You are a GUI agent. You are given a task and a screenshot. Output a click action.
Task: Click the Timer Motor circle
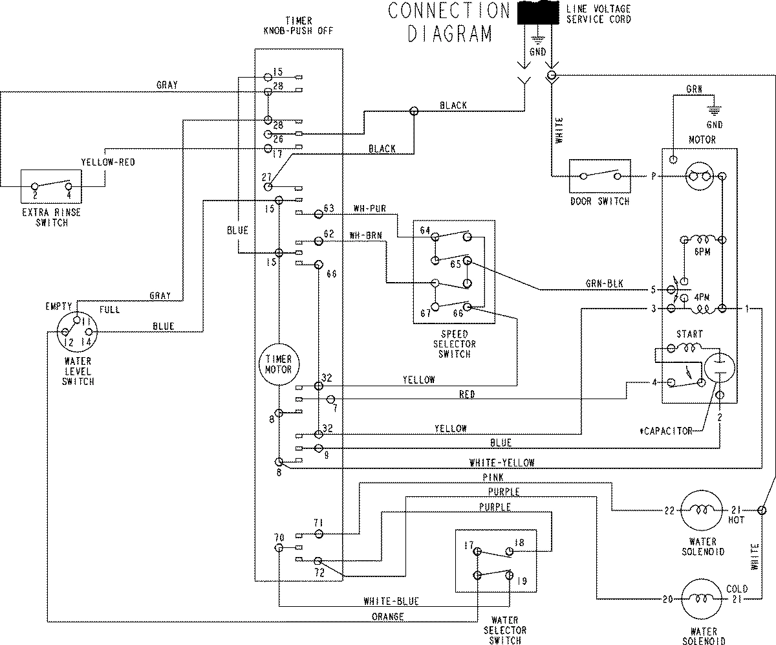[x=278, y=364]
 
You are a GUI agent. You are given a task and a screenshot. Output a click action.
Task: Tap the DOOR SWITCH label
[x=599, y=202]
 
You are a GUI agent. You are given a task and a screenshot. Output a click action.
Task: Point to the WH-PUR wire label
[x=369, y=209]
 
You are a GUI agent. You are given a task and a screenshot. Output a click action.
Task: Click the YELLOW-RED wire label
[x=108, y=162]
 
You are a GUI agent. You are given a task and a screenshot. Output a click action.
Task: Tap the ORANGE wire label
[x=388, y=617]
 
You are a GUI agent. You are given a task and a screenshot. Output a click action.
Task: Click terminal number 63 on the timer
[x=329, y=208]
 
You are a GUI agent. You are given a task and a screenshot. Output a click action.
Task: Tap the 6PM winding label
[x=701, y=252]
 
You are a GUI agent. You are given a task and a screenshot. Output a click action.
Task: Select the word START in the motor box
[x=688, y=334]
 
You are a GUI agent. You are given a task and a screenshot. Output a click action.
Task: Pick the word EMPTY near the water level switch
[x=57, y=305]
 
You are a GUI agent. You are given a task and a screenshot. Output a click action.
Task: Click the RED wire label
[x=467, y=394]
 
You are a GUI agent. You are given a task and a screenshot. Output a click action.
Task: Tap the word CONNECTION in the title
[x=448, y=11]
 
